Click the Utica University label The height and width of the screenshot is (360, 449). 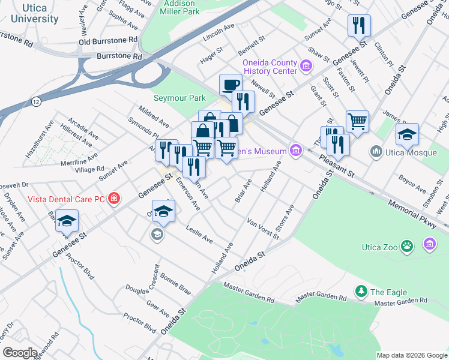pos(34,13)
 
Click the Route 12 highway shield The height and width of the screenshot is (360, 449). pos(37,103)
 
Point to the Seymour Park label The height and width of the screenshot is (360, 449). pos(179,98)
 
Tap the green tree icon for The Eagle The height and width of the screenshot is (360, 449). pos(361,292)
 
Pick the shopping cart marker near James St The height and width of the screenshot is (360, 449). pos(357,121)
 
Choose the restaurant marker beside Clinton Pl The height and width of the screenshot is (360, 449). pos(359,25)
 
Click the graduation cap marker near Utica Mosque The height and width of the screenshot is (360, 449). pos(407,134)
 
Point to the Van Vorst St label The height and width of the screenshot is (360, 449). pos(264,229)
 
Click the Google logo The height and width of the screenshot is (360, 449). pos(20,352)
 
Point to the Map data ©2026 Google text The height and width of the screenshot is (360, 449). pos(411,355)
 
